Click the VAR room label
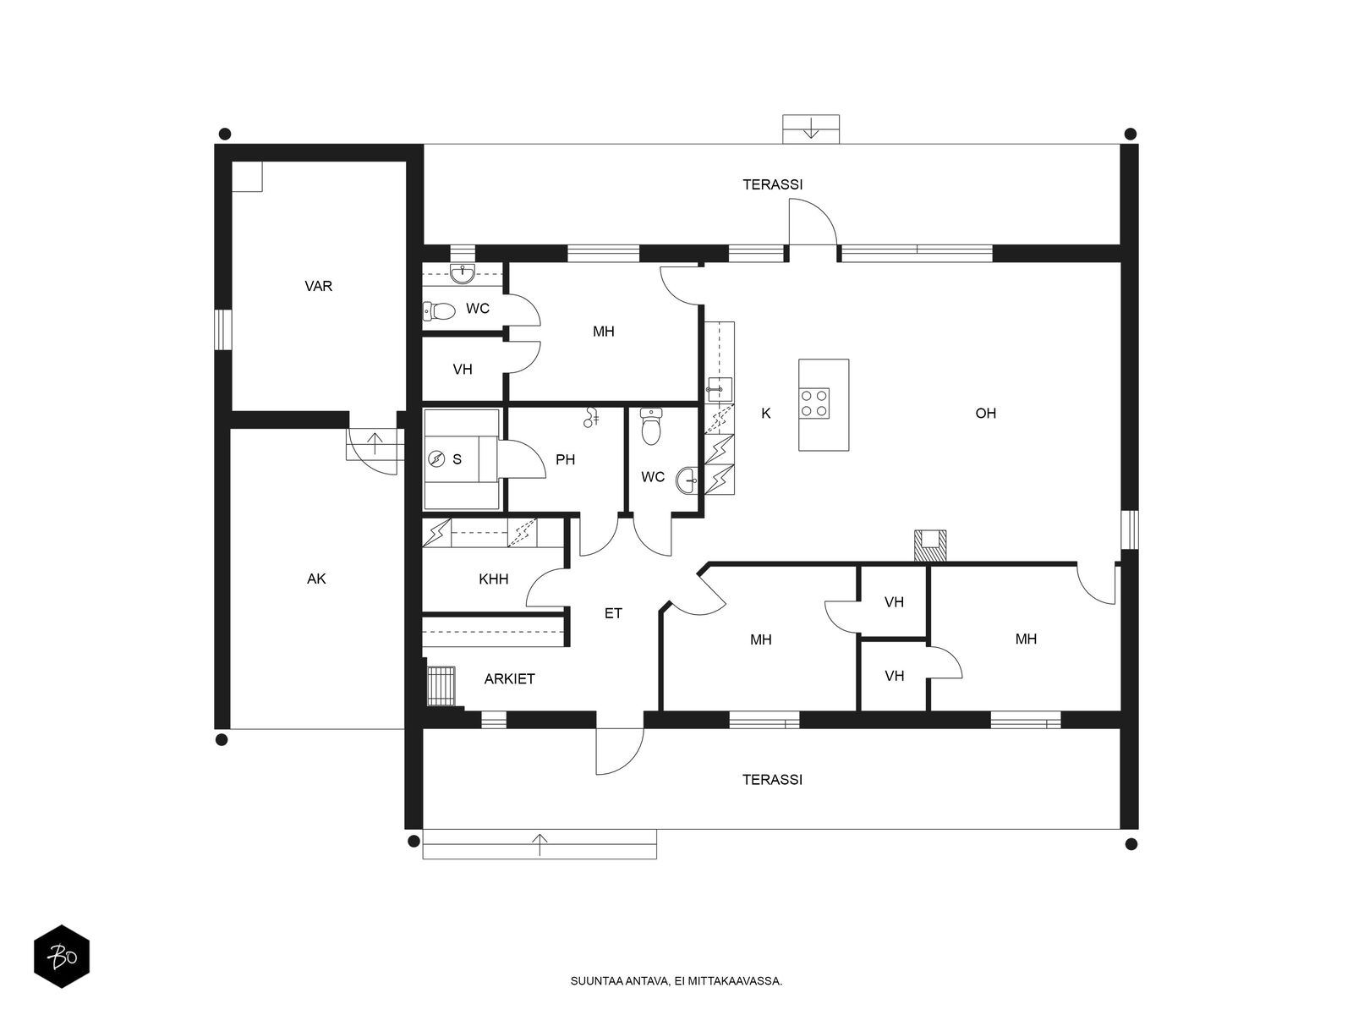point(318,286)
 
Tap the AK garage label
point(316,579)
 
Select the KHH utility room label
point(493,579)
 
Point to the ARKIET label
point(509,678)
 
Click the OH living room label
point(985,413)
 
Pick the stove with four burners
point(813,403)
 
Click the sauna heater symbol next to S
point(436,458)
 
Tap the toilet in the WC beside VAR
point(439,310)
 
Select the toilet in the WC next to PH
point(650,425)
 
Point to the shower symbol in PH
point(590,417)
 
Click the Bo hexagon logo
point(62,957)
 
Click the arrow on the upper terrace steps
point(811,129)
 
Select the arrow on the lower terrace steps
point(540,844)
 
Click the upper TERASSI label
point(772,184)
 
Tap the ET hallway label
point(613,613)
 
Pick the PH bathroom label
point(565,459)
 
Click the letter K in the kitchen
point(765,413)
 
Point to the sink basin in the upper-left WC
point(463,273)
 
